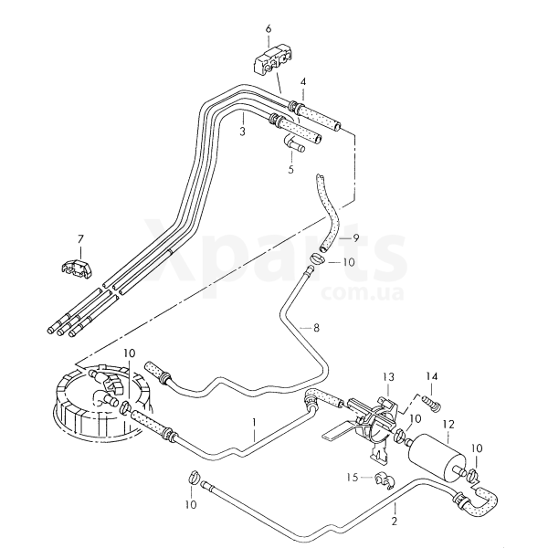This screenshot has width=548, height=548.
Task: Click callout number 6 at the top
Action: coord(269,28)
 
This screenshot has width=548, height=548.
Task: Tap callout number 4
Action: coord(302,83)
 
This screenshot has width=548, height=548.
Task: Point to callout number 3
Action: coord(242,132)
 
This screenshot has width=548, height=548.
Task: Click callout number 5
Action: coord(291,169)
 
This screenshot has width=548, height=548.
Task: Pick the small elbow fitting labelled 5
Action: coord(293,142)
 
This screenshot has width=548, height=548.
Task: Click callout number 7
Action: coord(79,239)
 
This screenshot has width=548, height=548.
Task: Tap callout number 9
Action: coord(356,239)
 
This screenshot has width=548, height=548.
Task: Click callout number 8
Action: coord(316,327)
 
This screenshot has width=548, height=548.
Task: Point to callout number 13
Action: coord(387,377)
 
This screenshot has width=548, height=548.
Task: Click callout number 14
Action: coord(433,375)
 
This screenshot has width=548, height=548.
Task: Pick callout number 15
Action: coord(352,478)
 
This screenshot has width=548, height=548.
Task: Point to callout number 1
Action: coord(257,423)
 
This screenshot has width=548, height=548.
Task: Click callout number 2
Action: coord(394,522)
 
